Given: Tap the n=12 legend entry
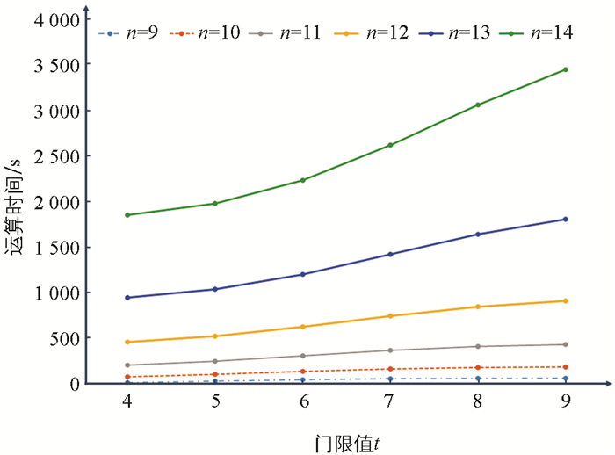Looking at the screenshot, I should pos(375,33).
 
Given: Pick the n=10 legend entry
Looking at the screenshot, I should pos(210,33).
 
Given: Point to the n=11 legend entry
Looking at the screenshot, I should pos(293,33).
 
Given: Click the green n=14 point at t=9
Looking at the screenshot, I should pos(565,69).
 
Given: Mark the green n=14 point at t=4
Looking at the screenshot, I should pos(127,214).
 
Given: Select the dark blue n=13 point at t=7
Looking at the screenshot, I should pos(390,254).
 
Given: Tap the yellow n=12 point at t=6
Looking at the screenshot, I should pos(303,327).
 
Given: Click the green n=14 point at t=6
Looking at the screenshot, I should pos(303,180).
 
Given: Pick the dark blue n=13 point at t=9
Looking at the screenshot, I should pos(565,219).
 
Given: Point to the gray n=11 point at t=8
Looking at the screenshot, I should pos(478,346).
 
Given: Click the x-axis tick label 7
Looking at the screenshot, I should pos(390,401).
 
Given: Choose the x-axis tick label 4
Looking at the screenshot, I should pos(127,401).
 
